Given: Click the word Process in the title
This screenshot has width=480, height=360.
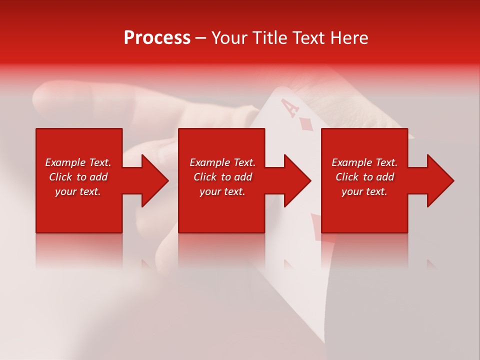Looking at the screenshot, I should coord(157,38).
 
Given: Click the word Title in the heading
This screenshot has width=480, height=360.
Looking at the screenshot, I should coord(269,38).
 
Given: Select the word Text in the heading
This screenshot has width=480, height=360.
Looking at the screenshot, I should coord(308,38).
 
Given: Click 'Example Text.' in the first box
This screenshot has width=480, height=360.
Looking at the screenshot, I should coord(78,162).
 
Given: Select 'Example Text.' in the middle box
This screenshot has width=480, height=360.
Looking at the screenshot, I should coord(222,162).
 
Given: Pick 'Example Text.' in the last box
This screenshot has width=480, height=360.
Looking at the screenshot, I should coord(364,162).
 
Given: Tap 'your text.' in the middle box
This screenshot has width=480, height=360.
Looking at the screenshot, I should coord(222,191).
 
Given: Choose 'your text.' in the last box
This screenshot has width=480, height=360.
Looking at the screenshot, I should coord(364,191).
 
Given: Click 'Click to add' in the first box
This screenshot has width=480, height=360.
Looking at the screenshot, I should coord(78,177).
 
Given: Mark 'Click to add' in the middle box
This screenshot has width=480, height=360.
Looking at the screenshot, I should coord(222,177).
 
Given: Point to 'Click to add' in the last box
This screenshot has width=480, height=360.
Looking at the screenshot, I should coord(364,177).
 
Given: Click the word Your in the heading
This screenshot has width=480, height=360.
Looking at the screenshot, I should coord(229,38).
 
